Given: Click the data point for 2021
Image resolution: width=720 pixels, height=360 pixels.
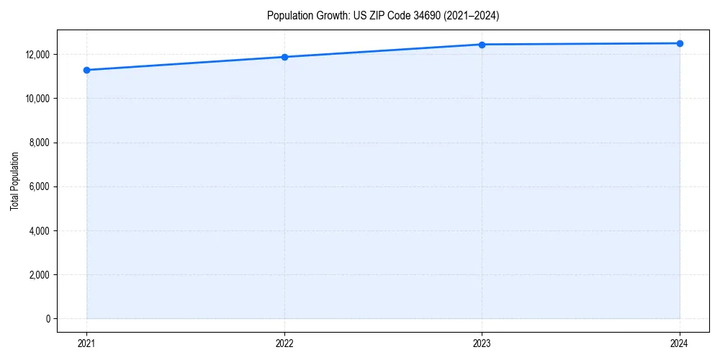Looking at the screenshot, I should point(86,70).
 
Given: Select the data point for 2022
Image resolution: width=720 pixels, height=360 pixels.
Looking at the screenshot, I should point(284,57).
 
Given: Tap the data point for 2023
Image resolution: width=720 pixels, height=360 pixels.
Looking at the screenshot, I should point(482,45).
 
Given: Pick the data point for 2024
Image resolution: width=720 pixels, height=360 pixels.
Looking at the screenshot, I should point(680,43).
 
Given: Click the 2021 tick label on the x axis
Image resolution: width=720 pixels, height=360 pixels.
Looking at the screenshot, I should point(86,343).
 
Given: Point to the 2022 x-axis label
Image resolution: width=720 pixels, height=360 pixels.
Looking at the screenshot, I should point(284,343).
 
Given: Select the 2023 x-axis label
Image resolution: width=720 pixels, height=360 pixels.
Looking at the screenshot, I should point(482,343).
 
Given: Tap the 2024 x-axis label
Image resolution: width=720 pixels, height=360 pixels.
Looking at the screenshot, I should point(680,343).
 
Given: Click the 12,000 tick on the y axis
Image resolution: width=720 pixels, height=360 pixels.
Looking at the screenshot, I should point(37,55).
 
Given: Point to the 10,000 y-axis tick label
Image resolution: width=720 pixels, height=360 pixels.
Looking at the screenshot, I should point(37,99).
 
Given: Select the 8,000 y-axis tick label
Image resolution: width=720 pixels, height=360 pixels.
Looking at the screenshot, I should point(39,143).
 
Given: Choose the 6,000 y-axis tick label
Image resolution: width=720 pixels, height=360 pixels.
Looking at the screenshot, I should point(39,186).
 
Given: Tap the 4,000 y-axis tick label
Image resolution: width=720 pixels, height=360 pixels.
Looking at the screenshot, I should point(39,231).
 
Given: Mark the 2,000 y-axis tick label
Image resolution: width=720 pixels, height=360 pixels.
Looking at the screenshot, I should point(39,275).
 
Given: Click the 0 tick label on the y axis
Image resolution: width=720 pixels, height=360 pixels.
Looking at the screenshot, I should point(48,319).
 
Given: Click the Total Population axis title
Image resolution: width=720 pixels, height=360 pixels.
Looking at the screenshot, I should point(14,181).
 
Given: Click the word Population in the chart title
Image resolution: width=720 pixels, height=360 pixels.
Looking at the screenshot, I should point(288,15).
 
